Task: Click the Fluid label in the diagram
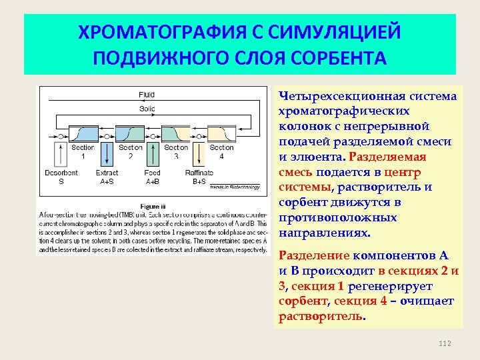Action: (x=147, y=95)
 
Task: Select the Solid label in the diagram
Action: (x=147, y=108)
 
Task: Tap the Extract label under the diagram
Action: (x=107, y=173)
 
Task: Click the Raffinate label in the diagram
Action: (x=199, y=173)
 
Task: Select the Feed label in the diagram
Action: (x=153, y=173)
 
